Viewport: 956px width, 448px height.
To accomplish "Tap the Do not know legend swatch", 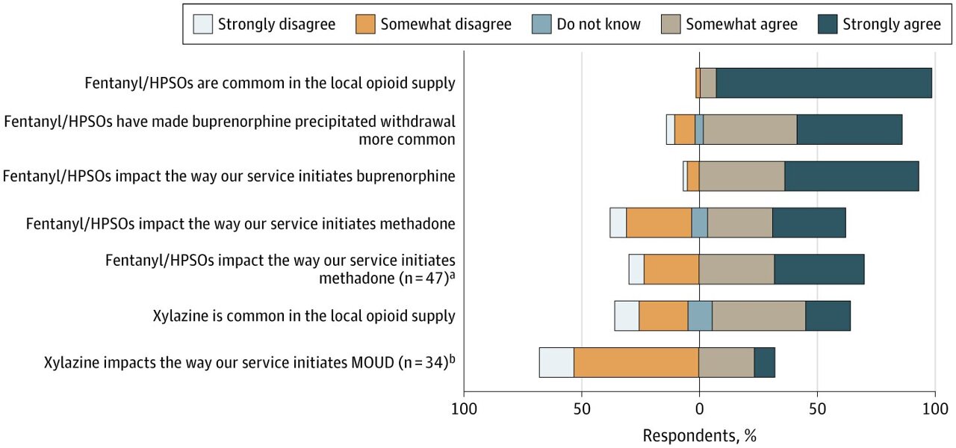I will click(541, 24).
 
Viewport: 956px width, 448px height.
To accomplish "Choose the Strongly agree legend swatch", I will click(827, 24).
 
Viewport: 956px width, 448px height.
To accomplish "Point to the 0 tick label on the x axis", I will click(699, 408).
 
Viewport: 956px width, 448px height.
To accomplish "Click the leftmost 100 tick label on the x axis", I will click(464, 408).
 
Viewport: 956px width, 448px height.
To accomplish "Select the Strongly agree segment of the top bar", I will click(824, 83).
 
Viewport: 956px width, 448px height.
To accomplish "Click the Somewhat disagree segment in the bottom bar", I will click(636, 362).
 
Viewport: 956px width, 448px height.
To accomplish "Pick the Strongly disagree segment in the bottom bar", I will click(556, 362).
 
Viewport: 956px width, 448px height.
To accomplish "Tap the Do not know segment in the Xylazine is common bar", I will click(700, 316).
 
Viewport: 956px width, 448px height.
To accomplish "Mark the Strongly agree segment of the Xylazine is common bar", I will click(828, 316).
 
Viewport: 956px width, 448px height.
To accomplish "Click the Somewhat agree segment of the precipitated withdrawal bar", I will click(750, 129).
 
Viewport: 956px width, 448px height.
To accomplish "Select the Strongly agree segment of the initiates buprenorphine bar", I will click(851, 176).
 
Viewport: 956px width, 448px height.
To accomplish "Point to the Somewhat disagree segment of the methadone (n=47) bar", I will click(671, 269).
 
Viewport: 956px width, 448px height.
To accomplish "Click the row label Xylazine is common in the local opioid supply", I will click(303, 316).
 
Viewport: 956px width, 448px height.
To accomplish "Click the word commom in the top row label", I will click(292, 83).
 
